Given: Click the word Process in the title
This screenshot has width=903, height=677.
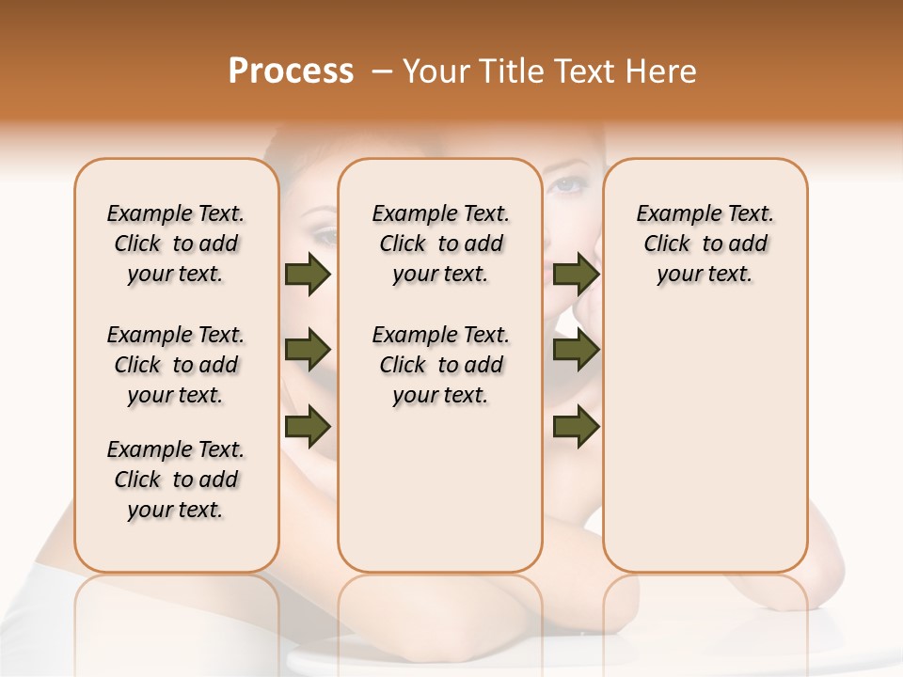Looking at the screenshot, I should [x=291, y=71].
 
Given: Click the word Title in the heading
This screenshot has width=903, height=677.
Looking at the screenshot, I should [x=509, y=71].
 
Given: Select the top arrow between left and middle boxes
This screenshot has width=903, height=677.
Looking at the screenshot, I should [x=308, y=275].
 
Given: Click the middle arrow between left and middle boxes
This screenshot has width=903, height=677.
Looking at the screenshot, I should [x=308, y=351].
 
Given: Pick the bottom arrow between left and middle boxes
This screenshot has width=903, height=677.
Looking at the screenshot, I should [x=308, y=427].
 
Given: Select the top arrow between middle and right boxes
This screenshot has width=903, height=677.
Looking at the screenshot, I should [x=576, y=275].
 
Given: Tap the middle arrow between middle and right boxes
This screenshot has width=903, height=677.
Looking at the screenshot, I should [x=576, y=351].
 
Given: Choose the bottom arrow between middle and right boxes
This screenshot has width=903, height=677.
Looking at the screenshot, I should [x=576, y=427].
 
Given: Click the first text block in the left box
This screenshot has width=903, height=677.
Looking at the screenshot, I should [x=176, y=244].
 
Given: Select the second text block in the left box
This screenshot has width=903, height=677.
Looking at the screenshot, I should [x=176, y=365].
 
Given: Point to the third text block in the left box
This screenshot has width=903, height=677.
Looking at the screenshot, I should [x=176, y=480].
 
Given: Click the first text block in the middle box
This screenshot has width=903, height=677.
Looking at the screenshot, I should [x=440, y=244].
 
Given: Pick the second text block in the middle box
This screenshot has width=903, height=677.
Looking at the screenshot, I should [x=440, y=365].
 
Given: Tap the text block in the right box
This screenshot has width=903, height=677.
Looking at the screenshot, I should [x=705, y=244].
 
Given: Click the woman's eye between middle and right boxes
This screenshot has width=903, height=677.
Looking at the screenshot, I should [x=566, y=183].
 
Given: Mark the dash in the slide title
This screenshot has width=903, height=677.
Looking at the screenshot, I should [x=382, y=71].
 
